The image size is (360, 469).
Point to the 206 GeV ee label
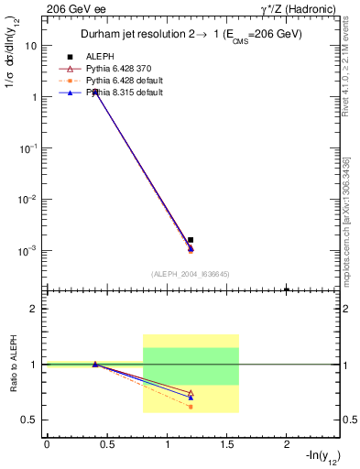pyautogui.click(x=71, y=8)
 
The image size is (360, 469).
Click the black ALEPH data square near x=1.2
pyautogui.click(x=191, y=240)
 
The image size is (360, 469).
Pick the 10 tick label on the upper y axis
pyautogui.click(x=32, y=45)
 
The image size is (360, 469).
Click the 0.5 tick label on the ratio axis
pyautogui.click(x=29, y=420)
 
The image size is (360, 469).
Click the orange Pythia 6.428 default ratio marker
pyautogui.click(x=191, y=407)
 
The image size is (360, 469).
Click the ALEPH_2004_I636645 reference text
pyautogui.click(x=190, y=274)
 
